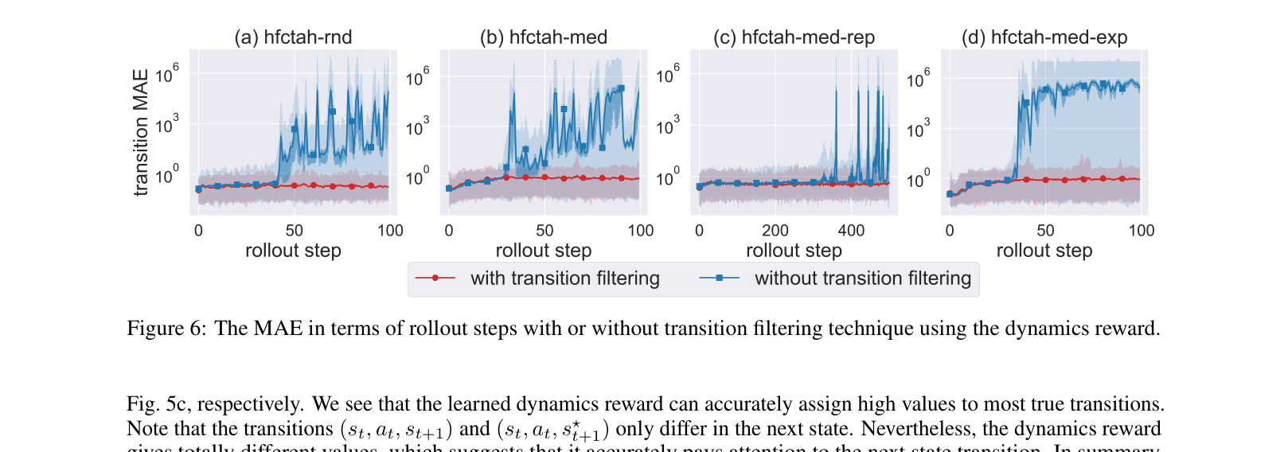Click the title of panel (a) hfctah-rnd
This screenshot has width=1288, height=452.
tap(293, 37)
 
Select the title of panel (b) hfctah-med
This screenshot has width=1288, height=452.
tap(544, 37)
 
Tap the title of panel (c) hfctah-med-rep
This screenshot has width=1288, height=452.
tap(794, 37)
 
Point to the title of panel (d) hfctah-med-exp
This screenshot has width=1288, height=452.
tap(1044, 37)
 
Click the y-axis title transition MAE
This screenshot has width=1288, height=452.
tap(141, 132)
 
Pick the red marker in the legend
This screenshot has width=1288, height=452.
tap(435, 279)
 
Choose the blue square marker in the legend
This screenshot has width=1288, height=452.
tap(719, 279)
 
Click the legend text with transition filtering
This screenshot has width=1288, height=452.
tap(564, 279)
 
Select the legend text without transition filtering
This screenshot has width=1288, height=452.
tap(862, 279)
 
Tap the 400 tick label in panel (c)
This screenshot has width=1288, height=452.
tap(851, 231)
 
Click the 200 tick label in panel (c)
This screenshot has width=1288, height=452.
tap(775, 231)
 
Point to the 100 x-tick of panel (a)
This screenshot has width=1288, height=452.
tap(390, 231)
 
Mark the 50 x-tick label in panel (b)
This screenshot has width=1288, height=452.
tap(544, 231)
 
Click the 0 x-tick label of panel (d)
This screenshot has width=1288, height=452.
tap(950, 231)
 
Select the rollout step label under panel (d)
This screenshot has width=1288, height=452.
tap(1044, 251)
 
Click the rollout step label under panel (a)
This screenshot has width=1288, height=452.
tap(293, 251)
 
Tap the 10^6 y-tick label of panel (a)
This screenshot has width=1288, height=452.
tap(167, 74)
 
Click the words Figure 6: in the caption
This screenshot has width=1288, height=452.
tap(166, 329)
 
